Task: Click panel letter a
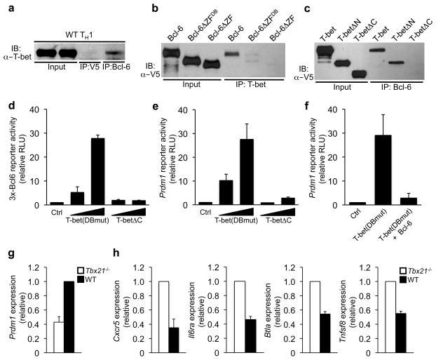click(6, 8)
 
